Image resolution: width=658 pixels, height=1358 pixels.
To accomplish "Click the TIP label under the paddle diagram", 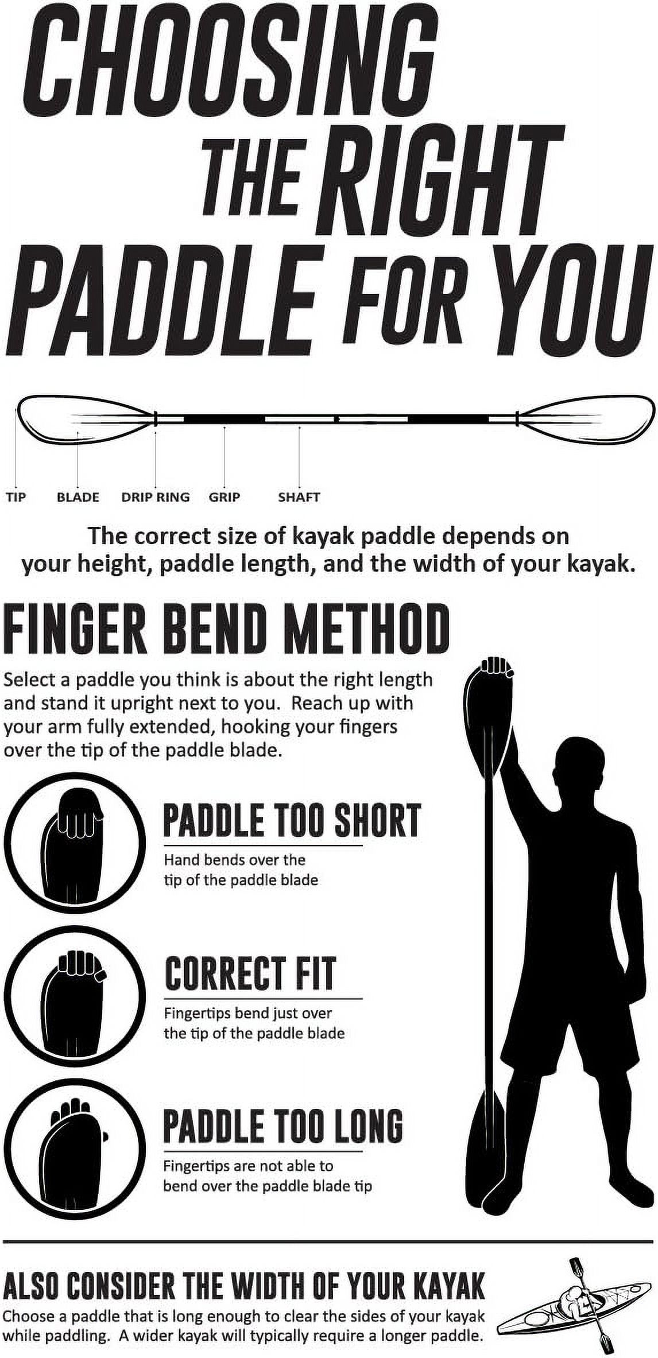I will [x=16, y=497].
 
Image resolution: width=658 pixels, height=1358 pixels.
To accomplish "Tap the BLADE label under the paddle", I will [x=78, y=497].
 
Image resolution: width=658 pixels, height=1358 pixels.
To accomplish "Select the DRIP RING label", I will [x=155, y=497].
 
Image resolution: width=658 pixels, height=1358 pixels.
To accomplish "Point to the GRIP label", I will [x=224, y=497].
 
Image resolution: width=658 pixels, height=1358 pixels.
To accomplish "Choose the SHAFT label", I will [x=299, y=497].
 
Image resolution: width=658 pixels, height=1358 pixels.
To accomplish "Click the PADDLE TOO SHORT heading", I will [x=292, y=820].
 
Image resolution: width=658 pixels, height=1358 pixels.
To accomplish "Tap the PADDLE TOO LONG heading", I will [x=282, y=1126].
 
